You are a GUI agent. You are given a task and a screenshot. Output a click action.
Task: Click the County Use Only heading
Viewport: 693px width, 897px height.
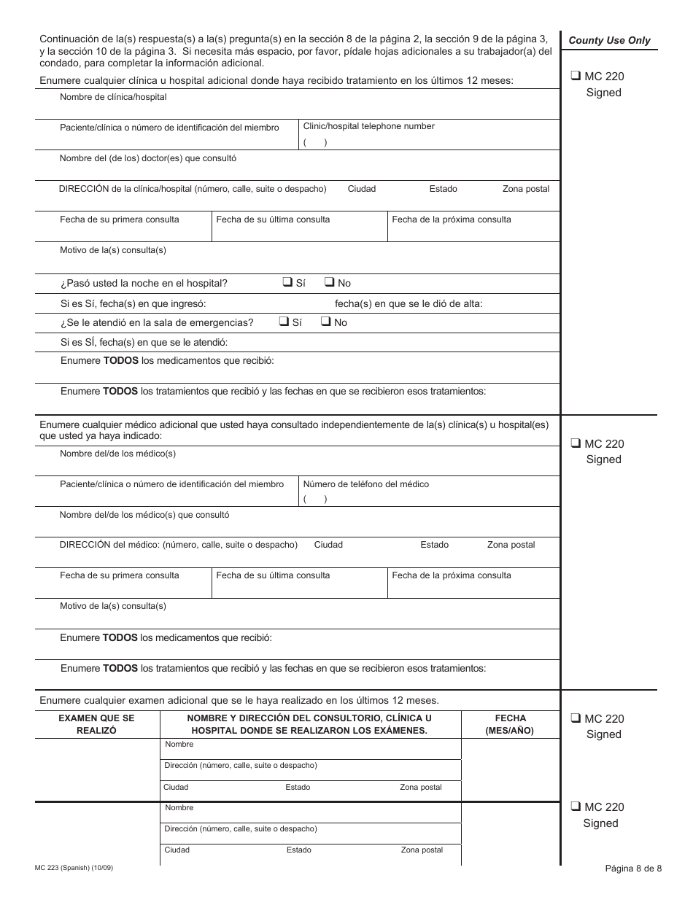tap(609, 41)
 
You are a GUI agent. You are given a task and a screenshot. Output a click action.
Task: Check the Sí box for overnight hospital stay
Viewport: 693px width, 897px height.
tap(287, 282)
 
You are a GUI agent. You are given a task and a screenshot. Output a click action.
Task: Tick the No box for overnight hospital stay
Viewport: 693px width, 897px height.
tap(329, 282)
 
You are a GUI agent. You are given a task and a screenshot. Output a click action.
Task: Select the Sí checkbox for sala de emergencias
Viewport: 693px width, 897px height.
tap(284, 322)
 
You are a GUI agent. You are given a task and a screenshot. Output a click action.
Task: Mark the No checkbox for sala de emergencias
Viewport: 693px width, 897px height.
tap(325, 322)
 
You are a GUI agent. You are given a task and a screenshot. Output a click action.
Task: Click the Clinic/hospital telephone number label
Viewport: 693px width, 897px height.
tap(368, 126)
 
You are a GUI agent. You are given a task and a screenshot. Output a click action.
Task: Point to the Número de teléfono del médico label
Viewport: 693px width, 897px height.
tap(365, 484)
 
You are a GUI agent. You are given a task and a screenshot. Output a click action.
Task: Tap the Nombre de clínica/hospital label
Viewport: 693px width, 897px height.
tap(113, 97)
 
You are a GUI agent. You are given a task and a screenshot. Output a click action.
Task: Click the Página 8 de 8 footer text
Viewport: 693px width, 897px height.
tap(633, 868)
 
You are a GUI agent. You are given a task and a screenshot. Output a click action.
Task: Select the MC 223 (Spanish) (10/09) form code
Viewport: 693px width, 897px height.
tap(74, 867)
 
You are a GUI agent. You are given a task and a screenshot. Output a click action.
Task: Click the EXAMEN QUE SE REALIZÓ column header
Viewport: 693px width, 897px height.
tap(96, 724)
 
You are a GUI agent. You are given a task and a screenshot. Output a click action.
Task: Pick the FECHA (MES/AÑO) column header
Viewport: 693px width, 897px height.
tap(510, 724)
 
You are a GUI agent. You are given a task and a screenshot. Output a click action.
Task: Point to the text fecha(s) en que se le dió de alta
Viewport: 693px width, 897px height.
tap(409, 303)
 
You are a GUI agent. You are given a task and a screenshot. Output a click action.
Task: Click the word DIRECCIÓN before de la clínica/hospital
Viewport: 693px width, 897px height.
tap(84, 189)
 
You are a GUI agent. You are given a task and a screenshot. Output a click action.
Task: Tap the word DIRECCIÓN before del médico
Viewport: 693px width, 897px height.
tap(84, 545)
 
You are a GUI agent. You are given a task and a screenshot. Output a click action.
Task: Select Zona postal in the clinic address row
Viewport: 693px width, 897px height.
tap(526, 189)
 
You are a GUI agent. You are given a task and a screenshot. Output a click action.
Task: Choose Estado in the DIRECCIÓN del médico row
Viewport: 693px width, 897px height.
tap(434, 545)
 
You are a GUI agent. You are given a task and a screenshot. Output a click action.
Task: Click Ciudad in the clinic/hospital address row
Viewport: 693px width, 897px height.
tap(362, 189)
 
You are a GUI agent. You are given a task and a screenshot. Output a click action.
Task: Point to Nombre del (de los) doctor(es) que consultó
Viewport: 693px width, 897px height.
tap(148, 158)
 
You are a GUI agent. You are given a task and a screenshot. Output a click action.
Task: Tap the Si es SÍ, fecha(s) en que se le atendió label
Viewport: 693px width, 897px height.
tap(144, 342)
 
